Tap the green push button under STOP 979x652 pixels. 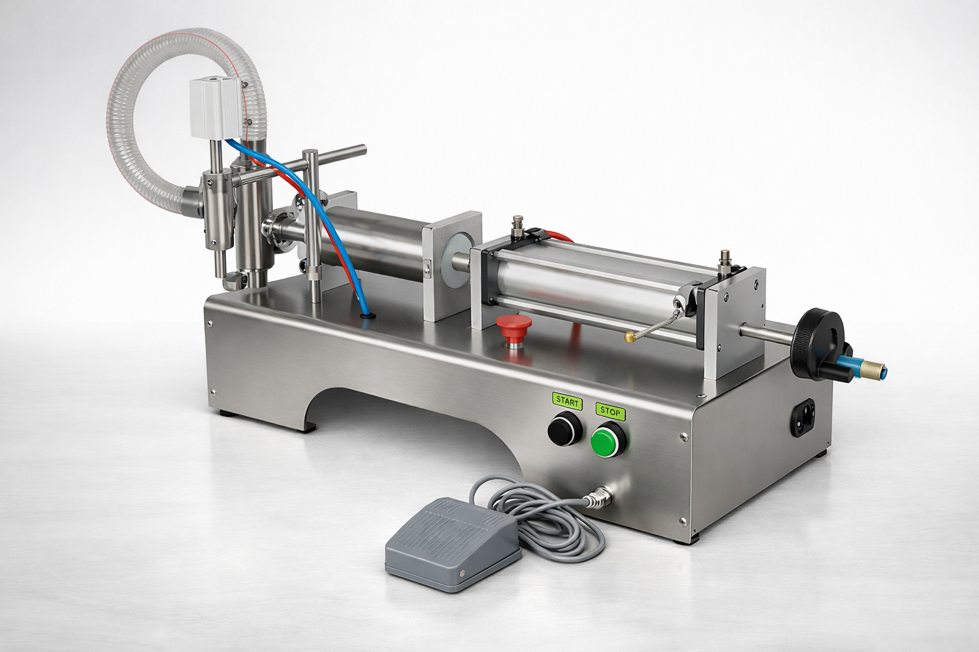click(x=609, y=441)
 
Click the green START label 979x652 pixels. click(x=567, y=402)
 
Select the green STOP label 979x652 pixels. click(x=610, y=412)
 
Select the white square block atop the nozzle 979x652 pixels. click(x=217, y=109)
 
